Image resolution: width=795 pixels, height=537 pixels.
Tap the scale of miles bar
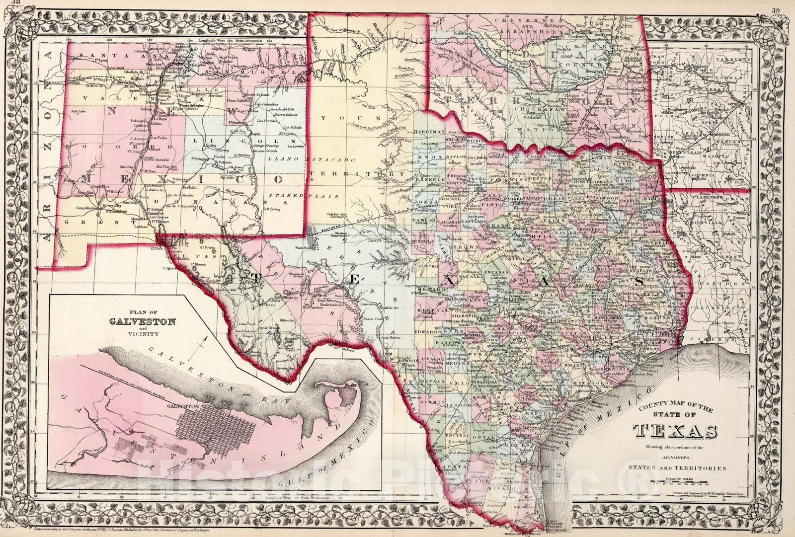680,481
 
